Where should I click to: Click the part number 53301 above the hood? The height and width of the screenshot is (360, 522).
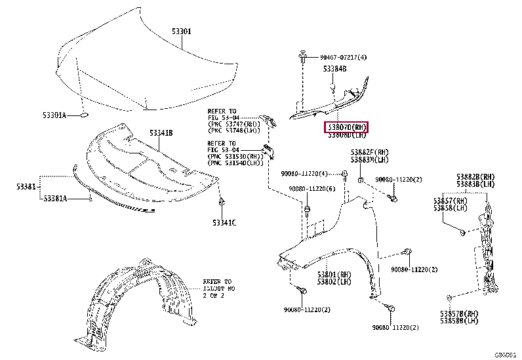[182, 31]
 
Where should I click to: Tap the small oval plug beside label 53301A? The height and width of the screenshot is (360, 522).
[84, 116]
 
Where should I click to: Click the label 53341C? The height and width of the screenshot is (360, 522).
[224, 222]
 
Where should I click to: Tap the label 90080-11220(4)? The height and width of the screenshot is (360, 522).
[305, 174]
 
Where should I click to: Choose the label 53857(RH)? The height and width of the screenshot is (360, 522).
[450, 199]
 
